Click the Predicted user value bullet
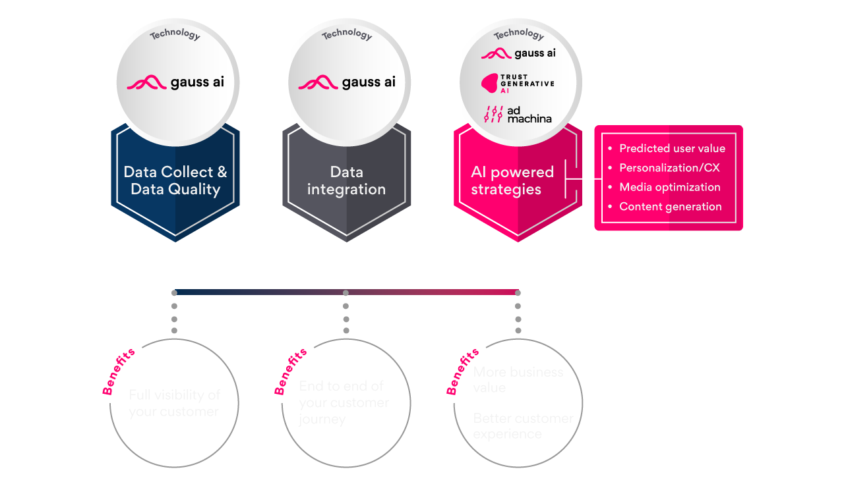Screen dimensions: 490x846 [x=671, y=148]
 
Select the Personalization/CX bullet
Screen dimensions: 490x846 [x=669, y=167]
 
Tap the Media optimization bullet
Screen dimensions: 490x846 [x=669, y=187]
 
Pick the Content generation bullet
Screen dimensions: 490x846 [x=670, y=206]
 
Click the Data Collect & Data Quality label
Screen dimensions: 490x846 [x=175, y=180]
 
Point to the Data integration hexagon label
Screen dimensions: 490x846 [x=346, y=180]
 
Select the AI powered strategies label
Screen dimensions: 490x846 [x=512, y=180]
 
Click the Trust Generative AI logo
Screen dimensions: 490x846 [x=518, y=84]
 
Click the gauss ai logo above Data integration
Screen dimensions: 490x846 [x=347, y=82]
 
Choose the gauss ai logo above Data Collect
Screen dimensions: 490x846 [x=175, y=82]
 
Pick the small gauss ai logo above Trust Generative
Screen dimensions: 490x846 [x=518, y=53]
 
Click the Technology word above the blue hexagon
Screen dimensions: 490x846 [x=175, y=34]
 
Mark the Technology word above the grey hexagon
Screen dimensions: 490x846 [x=347, y=34]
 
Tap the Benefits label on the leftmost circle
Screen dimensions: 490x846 [x=119, y=372]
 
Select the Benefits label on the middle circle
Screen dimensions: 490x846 [x=291, y=372]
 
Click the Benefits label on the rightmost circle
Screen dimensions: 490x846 [x=463, y=372]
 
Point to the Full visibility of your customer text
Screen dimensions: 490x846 [x=174, y=403]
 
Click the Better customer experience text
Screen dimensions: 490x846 [x=522, y=426]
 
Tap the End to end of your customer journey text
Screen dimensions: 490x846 [x=343, y=402]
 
